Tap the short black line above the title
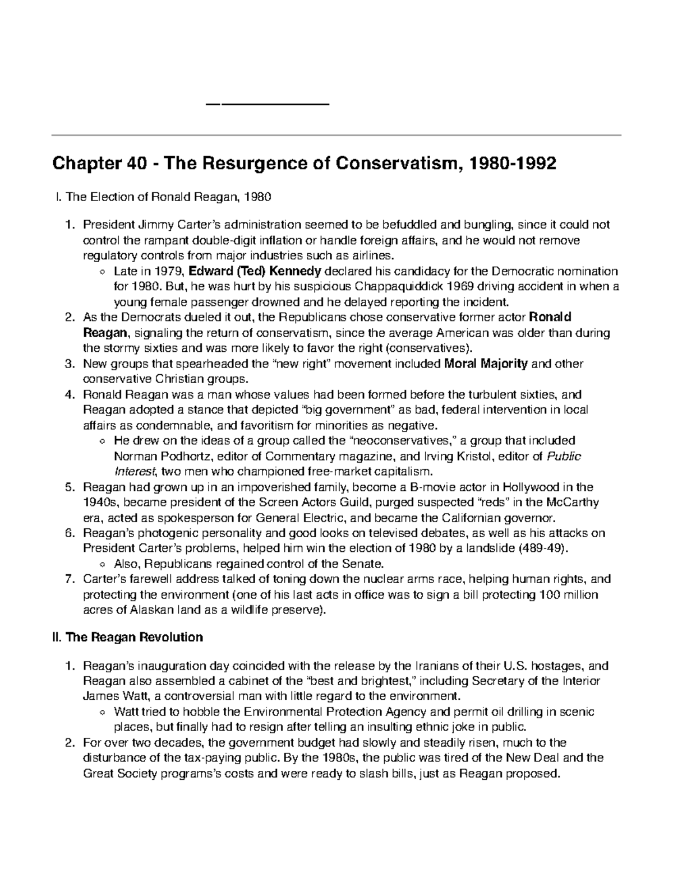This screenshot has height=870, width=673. pos(268,104)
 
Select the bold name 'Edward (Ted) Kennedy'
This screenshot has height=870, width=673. pos(255,272)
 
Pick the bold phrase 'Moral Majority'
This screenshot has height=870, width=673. pos(486,364)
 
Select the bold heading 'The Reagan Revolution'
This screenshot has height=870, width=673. pos(134,638)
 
